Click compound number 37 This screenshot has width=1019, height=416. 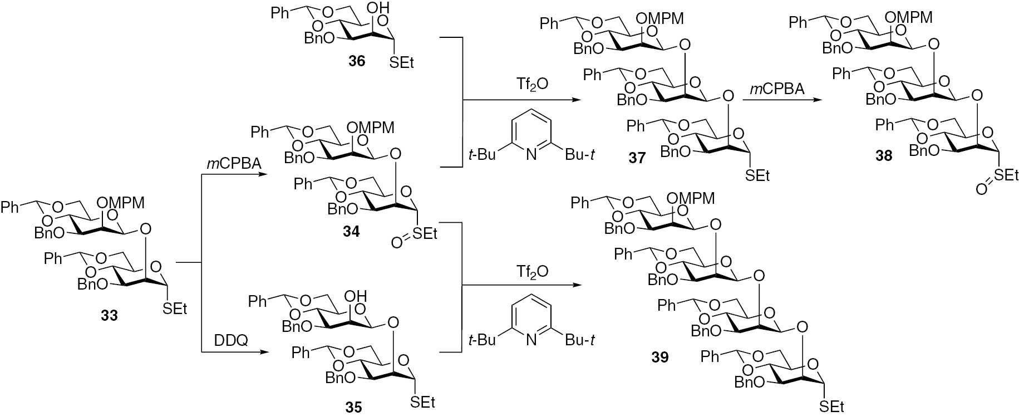coord(637,159)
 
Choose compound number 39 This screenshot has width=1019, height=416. coord(661,357)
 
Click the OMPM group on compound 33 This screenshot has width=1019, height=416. coord(121,202)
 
